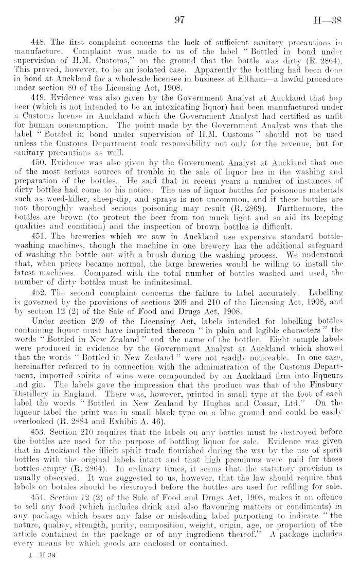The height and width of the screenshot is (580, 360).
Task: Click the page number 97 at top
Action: [x=180, y=21]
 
